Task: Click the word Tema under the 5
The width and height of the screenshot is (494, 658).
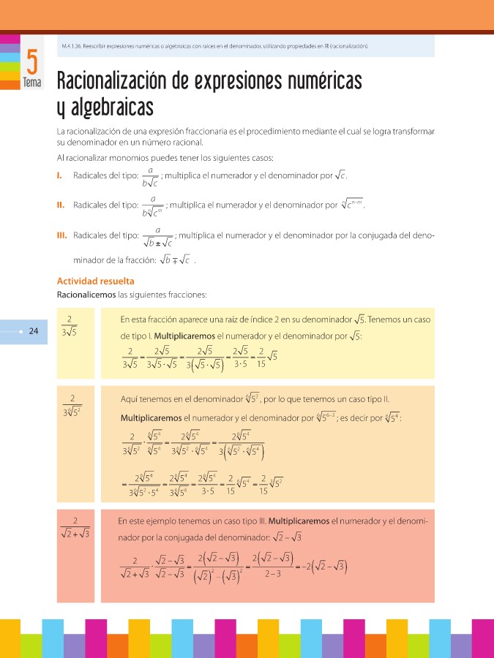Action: tap(32, 83)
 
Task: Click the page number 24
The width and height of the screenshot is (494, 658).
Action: tap(33, 331)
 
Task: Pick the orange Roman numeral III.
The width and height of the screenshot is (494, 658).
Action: tap(62, 235)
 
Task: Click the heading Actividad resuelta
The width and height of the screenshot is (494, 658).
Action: tap(95, 281)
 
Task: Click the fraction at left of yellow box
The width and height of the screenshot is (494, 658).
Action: tap(70, 325)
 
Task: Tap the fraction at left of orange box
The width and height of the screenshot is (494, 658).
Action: tap(72, 405)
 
